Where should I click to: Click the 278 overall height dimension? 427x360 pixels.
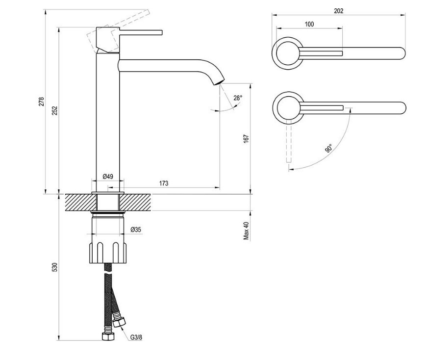coord(41,102)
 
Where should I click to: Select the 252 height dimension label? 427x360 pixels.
coord(55,110)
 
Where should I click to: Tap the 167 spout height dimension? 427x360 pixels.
coord(246,138)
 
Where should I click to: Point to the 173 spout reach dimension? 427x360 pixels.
coord(164,183)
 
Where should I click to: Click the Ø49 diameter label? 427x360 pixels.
coord(108,177)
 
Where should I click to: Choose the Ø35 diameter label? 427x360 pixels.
coord(136,230)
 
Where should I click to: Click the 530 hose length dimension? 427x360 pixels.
coord(55,267)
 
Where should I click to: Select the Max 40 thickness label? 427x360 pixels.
coord(246,231)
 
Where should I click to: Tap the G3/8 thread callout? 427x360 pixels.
coord(136,337)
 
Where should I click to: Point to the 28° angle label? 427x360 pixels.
coord(238,98)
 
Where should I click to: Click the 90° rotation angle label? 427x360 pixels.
coord(329,148)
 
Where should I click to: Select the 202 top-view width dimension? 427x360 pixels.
coord(338,11)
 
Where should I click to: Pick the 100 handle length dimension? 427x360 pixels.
coord(309,24)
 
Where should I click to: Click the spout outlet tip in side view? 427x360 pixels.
coord(219,81)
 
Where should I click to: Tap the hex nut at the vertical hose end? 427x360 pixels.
coord(108,336)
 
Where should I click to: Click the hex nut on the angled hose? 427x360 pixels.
coord(119,322)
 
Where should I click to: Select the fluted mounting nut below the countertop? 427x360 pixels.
coord(108,253)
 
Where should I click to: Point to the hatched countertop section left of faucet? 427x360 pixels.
coord(81,202)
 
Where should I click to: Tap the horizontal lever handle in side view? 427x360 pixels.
coord(141,32)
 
